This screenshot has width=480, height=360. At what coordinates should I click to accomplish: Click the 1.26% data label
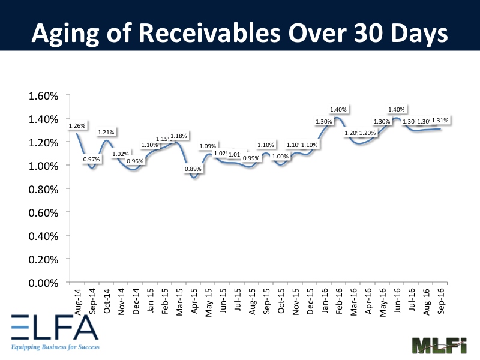point(77,125)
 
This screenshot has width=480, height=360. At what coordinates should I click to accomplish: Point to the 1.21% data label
point(107,131)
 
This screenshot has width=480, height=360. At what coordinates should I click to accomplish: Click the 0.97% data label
point(92,159)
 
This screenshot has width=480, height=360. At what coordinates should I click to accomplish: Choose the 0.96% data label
point(136,160)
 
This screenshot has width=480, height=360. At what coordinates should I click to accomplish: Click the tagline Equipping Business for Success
point(55,347)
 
